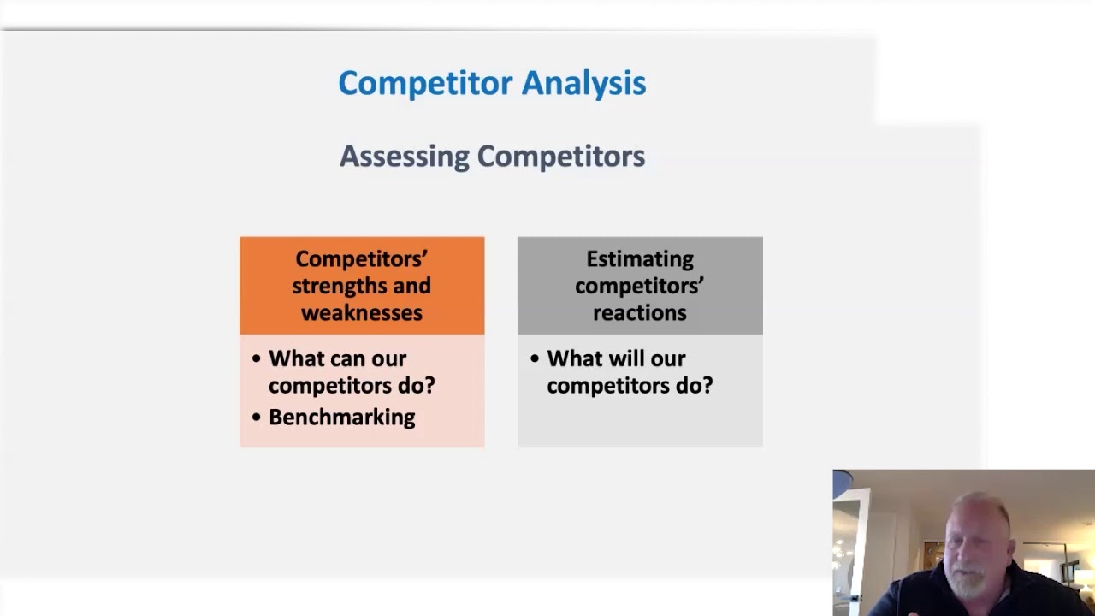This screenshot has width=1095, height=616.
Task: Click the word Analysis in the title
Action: [x=583, y=83]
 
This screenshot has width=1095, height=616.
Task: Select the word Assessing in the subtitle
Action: [x=404, y=157]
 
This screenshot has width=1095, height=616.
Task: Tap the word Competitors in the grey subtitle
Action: [x=560, y=157]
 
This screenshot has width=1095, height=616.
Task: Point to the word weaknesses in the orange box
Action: [x=361, y=313]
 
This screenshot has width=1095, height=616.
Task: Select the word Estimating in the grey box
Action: [x=639, y=259]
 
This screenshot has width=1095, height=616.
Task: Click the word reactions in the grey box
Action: [x=639, y=313]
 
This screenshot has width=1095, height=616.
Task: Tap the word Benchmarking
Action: [x=341, y=418]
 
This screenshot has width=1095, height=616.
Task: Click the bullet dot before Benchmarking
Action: [x=256, y=418]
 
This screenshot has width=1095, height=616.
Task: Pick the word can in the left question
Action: [x=350, y=359]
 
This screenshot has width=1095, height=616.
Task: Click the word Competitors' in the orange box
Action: [x=361, y=259]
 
